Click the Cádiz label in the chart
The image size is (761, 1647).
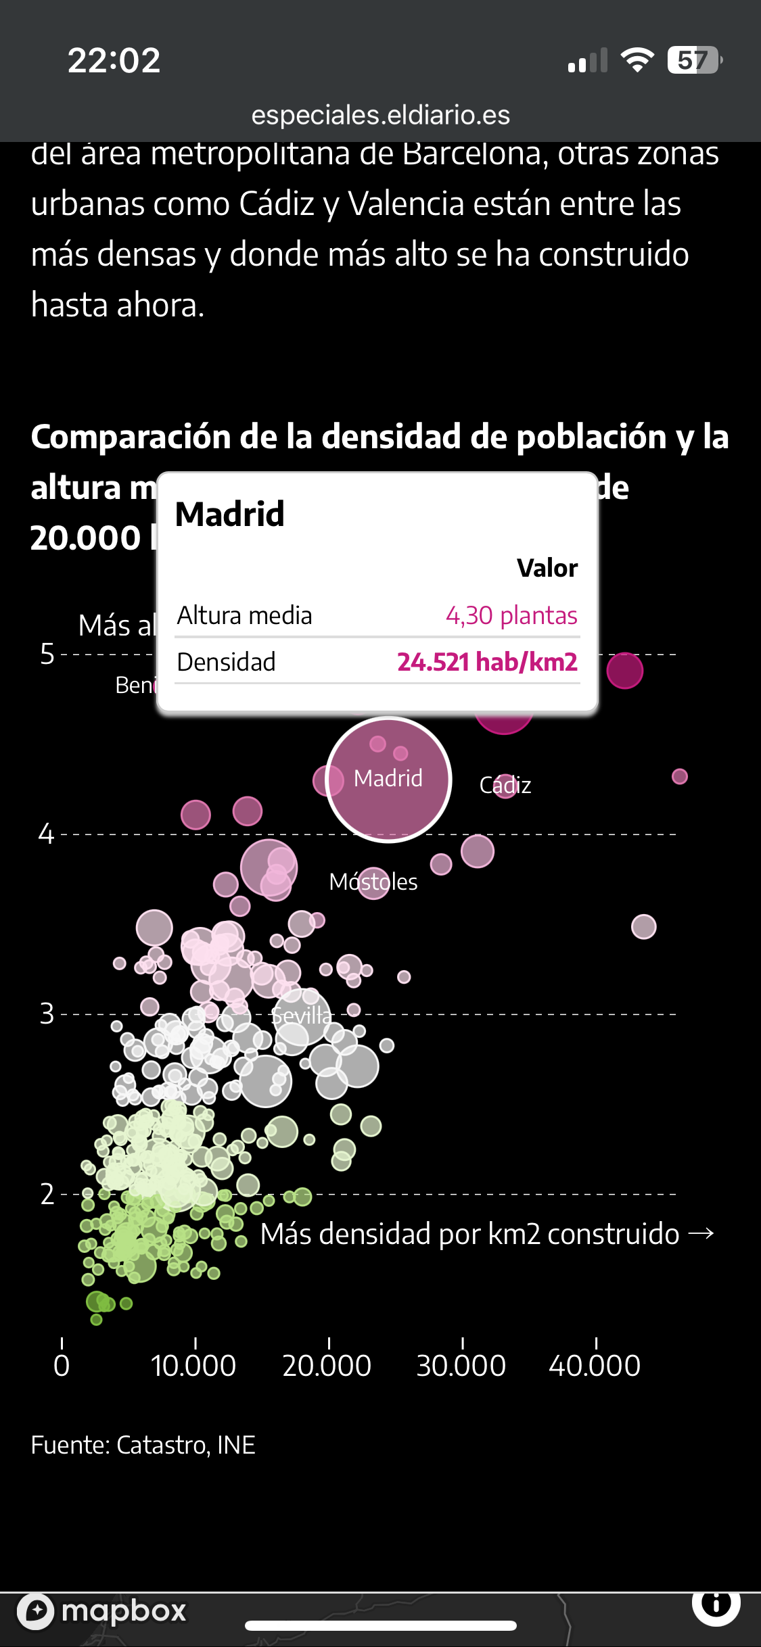pos(505,785)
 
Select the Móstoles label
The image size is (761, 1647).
pos(373,882)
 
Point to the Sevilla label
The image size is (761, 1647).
pos(302,1015)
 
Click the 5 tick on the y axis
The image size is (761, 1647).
pos(47,654)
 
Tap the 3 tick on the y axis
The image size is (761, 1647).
pos(47,1014)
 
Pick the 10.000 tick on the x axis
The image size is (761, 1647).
pos(193,1365)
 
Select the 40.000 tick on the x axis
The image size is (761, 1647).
pos(595,1365)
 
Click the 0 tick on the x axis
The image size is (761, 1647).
pos(62,1365)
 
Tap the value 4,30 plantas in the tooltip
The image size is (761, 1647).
pos(511,615)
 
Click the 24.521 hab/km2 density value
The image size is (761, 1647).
pos(487,662)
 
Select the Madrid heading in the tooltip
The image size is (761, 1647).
pos(230,514)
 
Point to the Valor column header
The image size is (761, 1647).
pos(547,568)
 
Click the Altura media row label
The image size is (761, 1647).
pos(244,615)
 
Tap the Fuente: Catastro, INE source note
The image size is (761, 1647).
pos(143,1445)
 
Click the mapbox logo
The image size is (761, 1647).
pos(102,1610)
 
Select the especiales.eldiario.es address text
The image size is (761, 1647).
pos(381,115)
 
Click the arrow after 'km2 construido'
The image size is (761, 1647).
pos(701,1234)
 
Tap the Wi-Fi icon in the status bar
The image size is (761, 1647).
pos(637,60)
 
